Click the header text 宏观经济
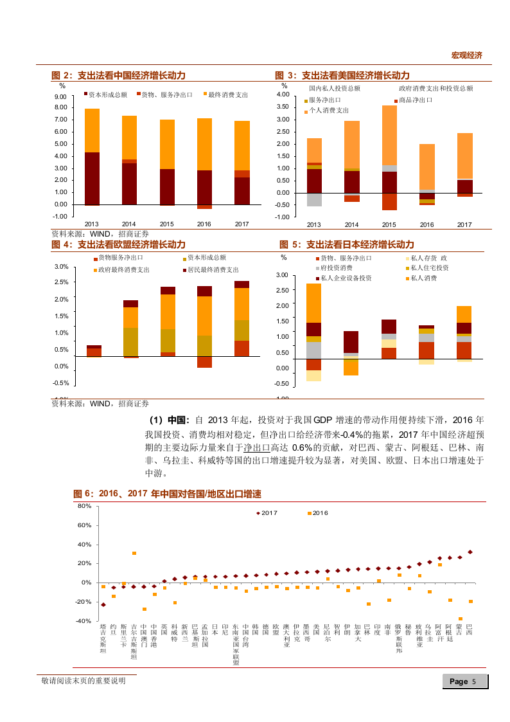coord(466,55)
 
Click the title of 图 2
coord(118,75)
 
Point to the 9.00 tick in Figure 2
coord(61,96)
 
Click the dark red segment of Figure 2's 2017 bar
coord(242,190)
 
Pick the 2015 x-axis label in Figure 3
coord(389,224)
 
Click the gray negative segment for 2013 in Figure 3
coord(314,199)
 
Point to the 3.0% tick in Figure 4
coord(62,267)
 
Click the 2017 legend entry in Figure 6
coord(267,512)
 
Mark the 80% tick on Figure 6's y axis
coord(84,506)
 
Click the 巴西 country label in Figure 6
coord(470,631)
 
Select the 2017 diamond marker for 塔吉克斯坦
coord(103,604)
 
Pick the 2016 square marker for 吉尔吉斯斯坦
coord(134,553)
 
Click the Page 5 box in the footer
coord(462,681)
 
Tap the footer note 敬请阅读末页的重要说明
coord(83,681)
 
